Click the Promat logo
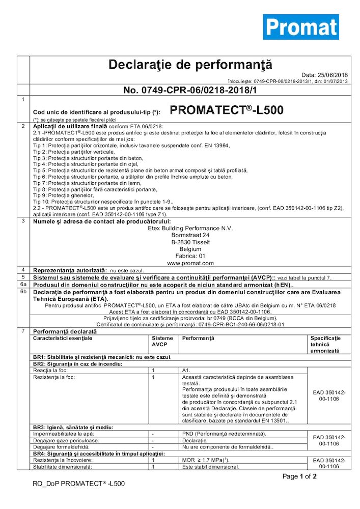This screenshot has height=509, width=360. [x=300, y=27]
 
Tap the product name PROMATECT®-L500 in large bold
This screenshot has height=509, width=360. [x=226, y=110]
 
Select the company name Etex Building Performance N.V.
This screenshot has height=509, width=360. [x=188, y=229]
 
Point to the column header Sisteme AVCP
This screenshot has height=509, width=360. [x=162, y=341]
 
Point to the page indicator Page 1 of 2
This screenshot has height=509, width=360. [x=300, y=476]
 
